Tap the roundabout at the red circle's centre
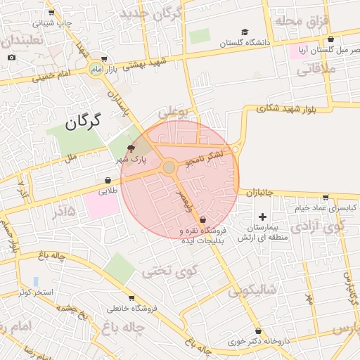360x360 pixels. (169, 167)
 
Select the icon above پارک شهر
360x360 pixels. (130, 148)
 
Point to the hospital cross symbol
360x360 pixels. (264, 217)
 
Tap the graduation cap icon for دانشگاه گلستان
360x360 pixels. (245, 32)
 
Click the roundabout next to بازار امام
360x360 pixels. (96, 69)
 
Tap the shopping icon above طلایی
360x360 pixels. (108, 180)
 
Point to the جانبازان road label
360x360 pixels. (264, 192)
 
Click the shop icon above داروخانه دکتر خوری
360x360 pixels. (259, 331)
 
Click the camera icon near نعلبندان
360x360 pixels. (11, 57)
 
